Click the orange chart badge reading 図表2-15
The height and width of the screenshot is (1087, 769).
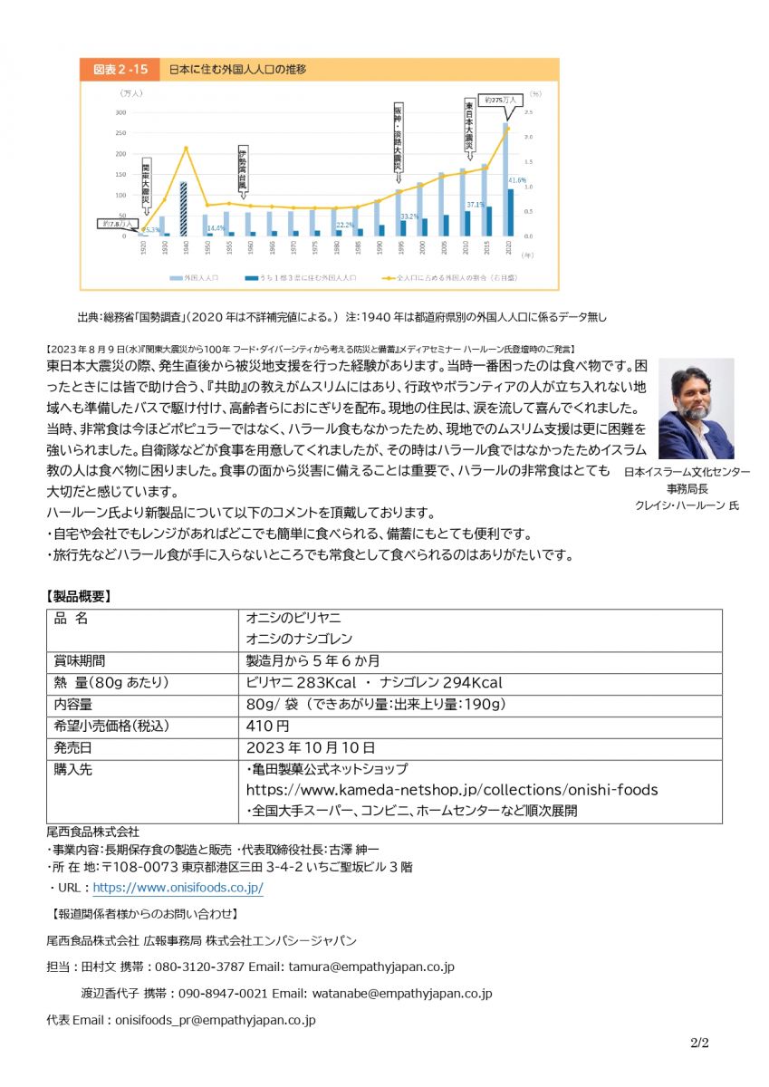[x=118, y=69]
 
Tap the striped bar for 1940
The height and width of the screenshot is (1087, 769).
[x=183, y=208]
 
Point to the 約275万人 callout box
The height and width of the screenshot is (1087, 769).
[x=500, y=100]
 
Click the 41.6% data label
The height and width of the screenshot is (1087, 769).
[x=517, y=180]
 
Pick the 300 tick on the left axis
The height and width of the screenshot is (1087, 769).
[x=120, y=112]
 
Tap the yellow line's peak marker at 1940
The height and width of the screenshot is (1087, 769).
[x=185, y=148]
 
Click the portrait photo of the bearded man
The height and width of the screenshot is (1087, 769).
[x=696, y=409]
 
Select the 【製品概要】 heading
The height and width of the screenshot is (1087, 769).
[x=79, y=596]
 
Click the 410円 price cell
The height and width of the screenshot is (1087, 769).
[x=268, y=726]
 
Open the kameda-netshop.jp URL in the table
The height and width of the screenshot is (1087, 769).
[x=452, y=790]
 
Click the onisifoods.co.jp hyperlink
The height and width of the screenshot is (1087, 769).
[x=178, y=889]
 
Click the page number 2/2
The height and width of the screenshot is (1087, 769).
[x=698, y=1043]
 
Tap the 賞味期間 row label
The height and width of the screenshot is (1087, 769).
[x=80, y=660]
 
